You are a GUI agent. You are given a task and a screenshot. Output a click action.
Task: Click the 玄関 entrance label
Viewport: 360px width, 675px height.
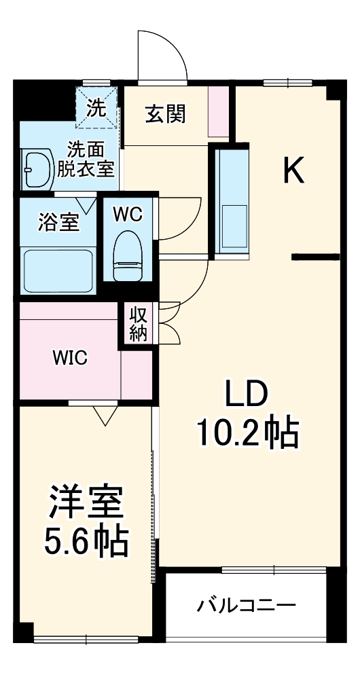pyautogui.click(x=165, y=115)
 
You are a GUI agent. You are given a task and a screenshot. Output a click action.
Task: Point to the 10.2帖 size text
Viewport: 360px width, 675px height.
pyautogui.click(x=247, y=432)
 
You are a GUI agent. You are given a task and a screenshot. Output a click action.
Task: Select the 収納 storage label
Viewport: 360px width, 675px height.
pyautogui.click(x=139, y=325)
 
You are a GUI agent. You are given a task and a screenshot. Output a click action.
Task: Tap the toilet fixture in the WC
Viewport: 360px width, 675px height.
pyautogui.click(x=128, y=255)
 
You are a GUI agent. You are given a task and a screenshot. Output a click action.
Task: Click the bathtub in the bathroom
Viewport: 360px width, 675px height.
pyautogui.click(x=58, y=270)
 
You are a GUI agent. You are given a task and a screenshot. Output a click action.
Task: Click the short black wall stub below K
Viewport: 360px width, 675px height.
pyautogui.click(x=315, y=257)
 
